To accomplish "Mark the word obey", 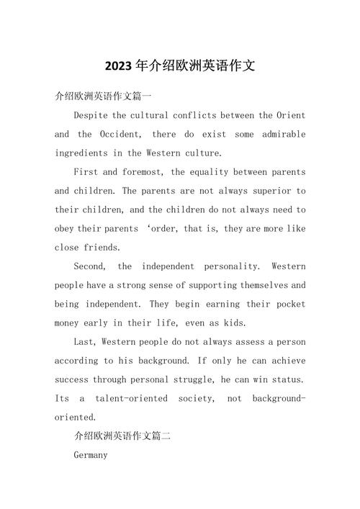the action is click(x=66, y=228).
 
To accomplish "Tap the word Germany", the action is click(x=91, y=455).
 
